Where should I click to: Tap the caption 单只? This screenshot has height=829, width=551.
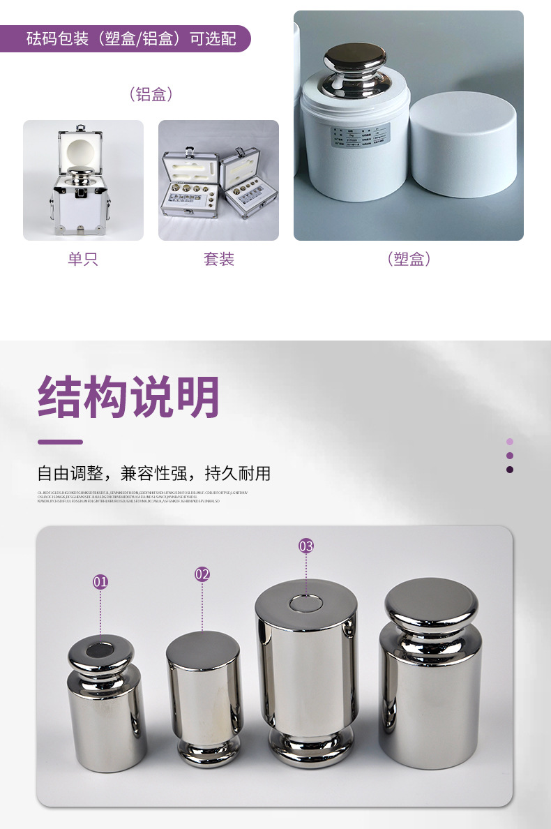(83, 260)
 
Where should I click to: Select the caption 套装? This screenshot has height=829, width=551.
(218, 260)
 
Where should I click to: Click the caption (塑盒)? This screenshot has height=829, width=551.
(409, 260)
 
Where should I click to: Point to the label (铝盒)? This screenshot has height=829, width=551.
(151, 94)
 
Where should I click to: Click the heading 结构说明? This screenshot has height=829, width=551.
(129, 397)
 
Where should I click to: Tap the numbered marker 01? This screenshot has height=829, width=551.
(101, 581)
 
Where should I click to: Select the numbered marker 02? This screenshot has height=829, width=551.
(202, 574)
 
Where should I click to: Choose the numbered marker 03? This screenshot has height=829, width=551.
(306, 546)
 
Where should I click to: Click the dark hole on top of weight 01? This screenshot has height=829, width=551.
(100, 652)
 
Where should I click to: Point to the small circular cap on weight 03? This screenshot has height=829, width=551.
(305, 602)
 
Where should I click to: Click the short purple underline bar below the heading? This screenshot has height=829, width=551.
(60, 442)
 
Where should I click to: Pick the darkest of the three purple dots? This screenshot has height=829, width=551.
(510, 470)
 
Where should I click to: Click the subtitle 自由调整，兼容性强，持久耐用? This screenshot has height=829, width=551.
(154, 474)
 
